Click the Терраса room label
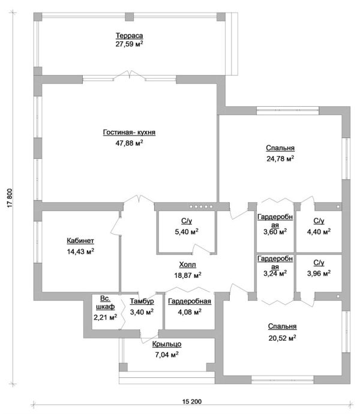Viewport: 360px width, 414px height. click(129, 35)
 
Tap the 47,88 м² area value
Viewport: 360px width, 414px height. click(129, 143)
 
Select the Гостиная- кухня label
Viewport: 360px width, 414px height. click(129, 132)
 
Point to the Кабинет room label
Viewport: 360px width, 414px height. click(80, 241)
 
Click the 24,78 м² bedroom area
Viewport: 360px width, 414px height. click(280, 158)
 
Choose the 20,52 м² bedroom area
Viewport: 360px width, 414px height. click(283, 338)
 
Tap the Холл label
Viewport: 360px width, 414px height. click(188, 265)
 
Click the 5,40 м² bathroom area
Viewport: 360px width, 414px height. click(187, 232)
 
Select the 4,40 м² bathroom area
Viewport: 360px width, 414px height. click(319, 232)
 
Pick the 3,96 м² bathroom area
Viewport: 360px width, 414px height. click(319, 273)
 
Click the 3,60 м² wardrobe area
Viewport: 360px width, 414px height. click(275, 232)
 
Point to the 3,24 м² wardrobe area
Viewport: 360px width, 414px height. click(275, 273)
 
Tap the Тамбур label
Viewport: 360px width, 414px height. click(142, 301)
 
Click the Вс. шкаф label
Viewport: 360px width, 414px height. click(105, 302)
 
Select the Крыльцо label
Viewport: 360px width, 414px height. click(167, 344)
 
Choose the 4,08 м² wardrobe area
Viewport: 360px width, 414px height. click(190, 312)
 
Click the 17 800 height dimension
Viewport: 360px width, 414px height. click(10, 198)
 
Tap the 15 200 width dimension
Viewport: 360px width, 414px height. click(192, 401)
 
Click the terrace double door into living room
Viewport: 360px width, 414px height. click(129, 75)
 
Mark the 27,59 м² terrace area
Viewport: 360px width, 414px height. click(129, 44)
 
